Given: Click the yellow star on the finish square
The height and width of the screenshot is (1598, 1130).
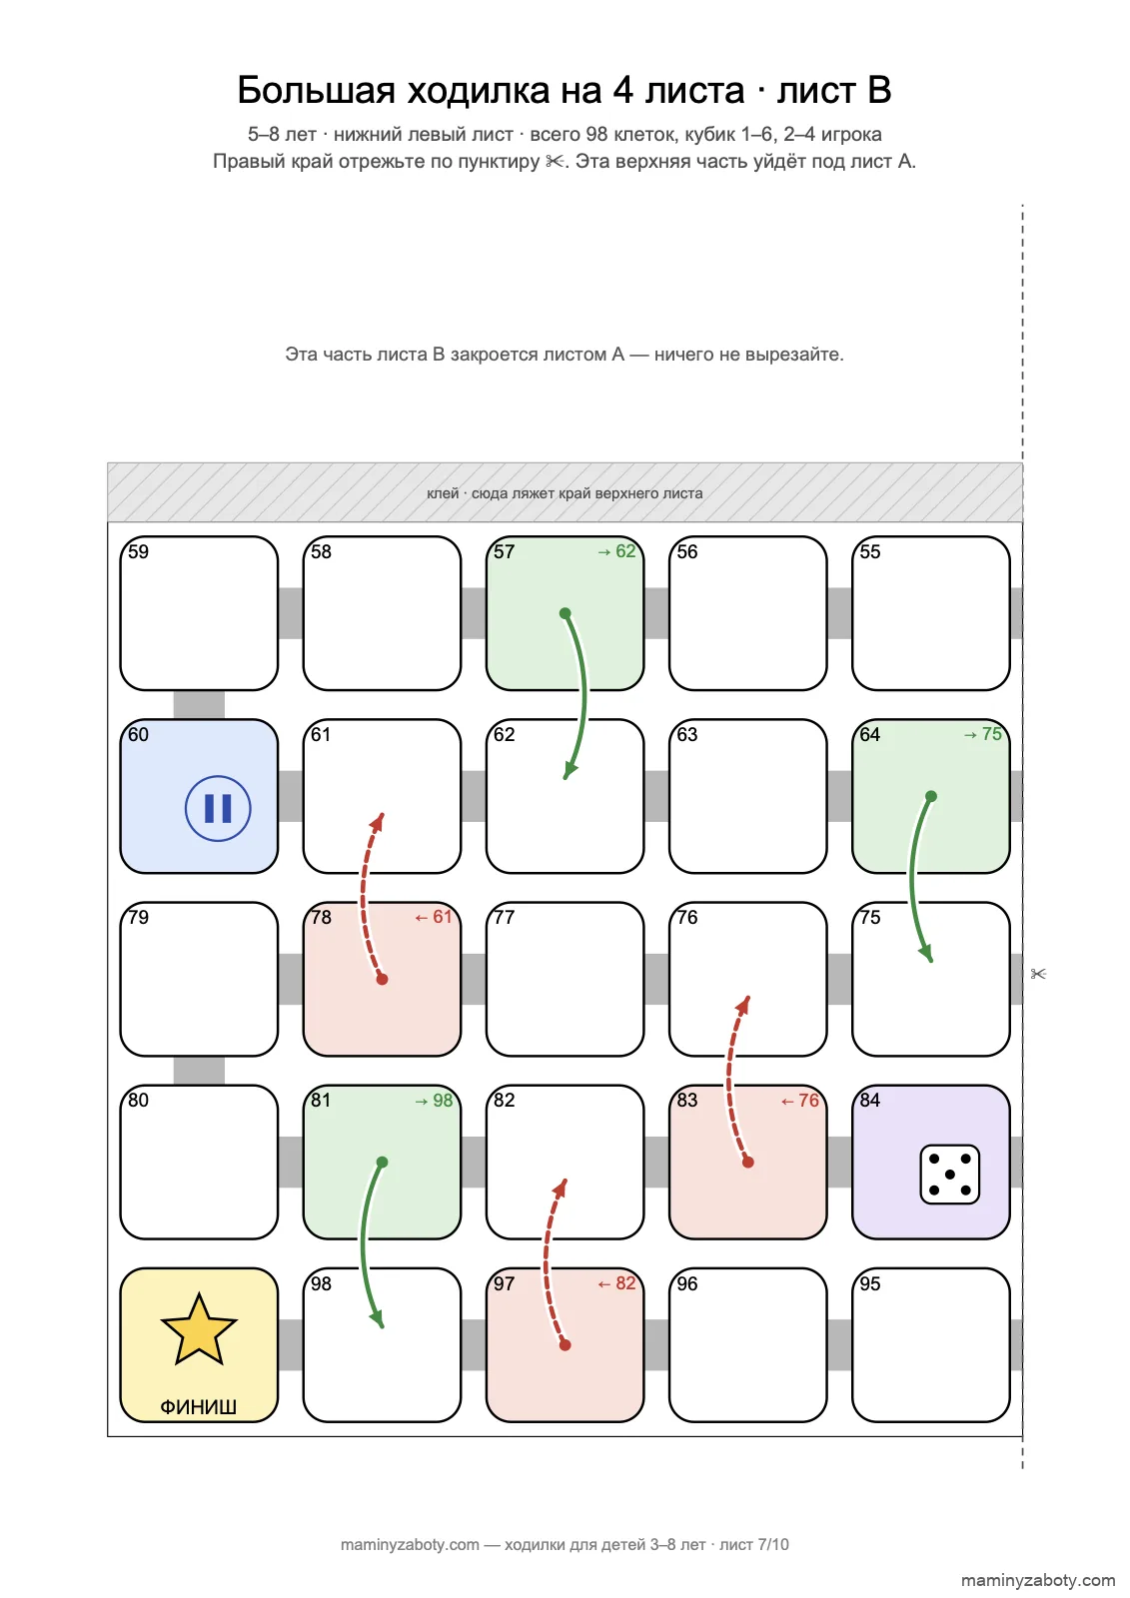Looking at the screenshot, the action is tap(199, 1330).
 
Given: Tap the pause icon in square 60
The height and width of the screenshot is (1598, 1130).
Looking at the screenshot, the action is tap(218, 808).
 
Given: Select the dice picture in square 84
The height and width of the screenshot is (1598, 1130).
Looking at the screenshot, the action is tap(949, 1175).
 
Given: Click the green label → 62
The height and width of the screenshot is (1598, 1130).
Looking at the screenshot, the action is tap(616, 551).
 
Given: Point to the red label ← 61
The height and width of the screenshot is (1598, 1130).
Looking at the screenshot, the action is tap(434, 917).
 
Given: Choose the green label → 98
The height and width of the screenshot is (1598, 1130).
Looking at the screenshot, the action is tap(434, 1100).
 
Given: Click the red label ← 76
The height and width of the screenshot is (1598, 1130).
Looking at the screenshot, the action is tap(799, 1100).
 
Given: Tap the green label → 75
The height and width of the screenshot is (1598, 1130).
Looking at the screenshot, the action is tap(982, 734).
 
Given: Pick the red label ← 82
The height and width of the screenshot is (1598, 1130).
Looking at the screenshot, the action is tap(616, 1283).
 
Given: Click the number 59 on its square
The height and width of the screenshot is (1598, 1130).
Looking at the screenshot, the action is tap(138, 551).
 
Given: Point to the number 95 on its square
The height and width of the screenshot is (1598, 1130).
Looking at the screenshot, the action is tap(869, 1283).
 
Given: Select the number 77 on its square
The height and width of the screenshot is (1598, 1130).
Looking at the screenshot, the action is tap(504, 917).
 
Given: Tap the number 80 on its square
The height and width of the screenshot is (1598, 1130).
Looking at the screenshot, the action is tap(138, 1100).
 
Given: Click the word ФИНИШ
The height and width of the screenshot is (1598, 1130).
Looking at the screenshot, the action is tap(199, 1407).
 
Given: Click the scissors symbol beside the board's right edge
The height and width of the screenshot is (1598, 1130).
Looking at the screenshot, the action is tap(1038, 974).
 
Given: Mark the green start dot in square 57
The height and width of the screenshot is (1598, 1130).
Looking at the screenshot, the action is tap(565, 613).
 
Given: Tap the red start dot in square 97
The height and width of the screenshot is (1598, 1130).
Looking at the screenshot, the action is tap(565, 1345).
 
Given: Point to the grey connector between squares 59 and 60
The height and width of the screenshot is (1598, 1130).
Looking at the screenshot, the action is tap(199, 705).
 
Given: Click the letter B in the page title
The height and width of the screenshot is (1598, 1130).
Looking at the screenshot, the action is tap(879, 91).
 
